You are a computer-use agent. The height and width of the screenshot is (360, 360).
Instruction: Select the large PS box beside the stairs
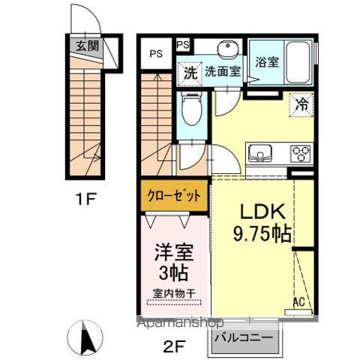click(x=156, y=53)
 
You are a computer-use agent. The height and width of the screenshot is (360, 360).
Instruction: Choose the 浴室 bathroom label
click(x=268, y=62)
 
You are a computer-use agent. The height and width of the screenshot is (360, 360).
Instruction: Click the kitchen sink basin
click(x=262, y=154)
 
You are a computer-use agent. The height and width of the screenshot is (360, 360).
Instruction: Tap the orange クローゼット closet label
click(x=174, y=196)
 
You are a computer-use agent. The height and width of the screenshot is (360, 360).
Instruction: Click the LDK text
click(x=256, y=213)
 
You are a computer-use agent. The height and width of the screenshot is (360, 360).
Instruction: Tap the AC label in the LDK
click(x=298, y=303)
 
